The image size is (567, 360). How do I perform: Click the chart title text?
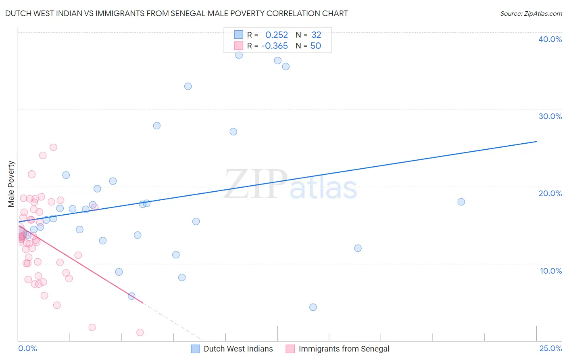click(176, 13)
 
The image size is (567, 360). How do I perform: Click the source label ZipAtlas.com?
click(531, 13)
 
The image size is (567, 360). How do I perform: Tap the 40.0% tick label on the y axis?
click(550, 39)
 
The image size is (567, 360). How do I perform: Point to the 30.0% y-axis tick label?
click(550, 116)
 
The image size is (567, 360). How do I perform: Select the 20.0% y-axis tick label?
click(550, 193)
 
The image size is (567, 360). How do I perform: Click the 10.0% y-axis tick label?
click(550, 271)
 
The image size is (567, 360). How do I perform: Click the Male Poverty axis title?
click(11, 184)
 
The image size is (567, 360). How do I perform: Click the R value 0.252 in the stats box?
click(276, 35)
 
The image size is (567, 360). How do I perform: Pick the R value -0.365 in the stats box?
click(274, 46)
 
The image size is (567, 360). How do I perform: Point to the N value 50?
click(315, 46)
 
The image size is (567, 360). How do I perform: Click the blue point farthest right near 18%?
click(461, 202)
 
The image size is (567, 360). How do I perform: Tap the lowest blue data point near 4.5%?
click(313, 307)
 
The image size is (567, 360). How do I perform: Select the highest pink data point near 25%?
click(53, 147)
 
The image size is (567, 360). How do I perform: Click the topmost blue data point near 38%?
click(239, 55)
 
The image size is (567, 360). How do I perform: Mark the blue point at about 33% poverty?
click(188, 86)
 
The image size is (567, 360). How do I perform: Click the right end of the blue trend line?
click(536, 142)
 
